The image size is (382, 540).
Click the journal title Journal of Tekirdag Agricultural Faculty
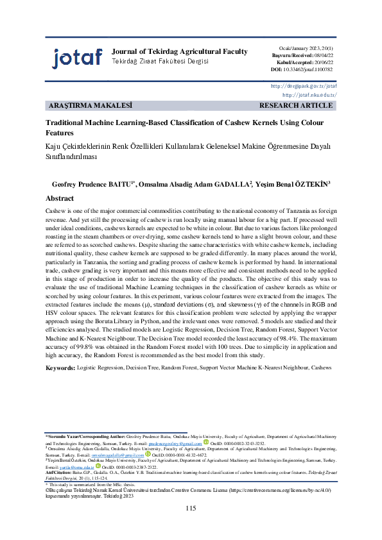pyautogui.click(x=179, y=51)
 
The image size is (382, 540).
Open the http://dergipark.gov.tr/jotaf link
pyautogui.click(x=304, y=85)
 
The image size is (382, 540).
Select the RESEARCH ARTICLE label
pyautogui.click(x=296, y=105)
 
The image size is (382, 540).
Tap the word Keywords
pyautogui.click(x=60, y=367)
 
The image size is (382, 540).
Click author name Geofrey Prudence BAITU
pyautogui.click(x=91, y=184)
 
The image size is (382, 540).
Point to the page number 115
pyautogui.click(x=190, y=509)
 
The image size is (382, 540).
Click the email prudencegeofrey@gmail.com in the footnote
pyautogui.click(x=175, y=443)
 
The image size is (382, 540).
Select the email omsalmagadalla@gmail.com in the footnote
pyautogui.click(x=119, y=454)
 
